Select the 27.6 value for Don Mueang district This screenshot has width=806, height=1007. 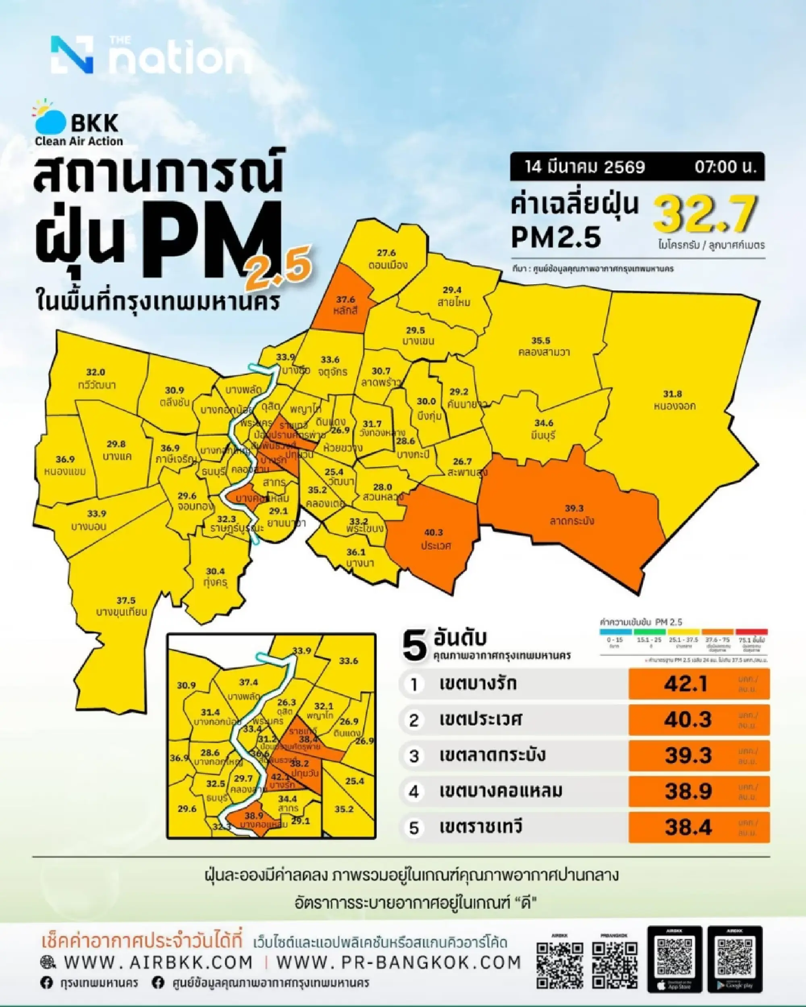click(x=386, y=253)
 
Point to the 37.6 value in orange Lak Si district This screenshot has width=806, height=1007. click(x=345, y=300)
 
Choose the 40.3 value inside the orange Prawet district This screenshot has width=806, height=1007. click(x=433, y=532)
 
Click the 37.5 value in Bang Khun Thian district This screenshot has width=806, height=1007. click(x=126, y=600)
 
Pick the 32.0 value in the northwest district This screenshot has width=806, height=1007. click(x=96, y=372)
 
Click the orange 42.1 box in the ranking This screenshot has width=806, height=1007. click(x=698, y=684)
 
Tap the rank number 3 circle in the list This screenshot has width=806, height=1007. click(x=414, y=756)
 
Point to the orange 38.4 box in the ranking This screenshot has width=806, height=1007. click(x=698, y=828)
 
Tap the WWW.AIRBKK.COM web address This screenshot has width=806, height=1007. click(x=158, y=963)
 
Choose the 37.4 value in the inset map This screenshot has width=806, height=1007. click(x=248, y=683)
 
